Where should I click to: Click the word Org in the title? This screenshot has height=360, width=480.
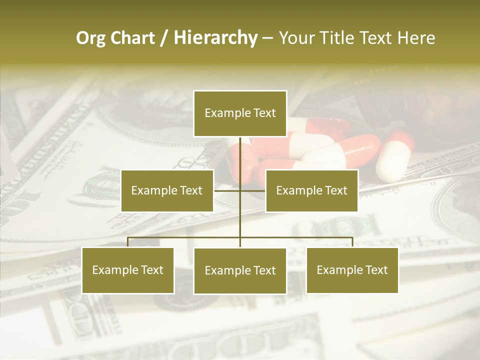[90, 38]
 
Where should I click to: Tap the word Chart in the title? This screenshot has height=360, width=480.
[130, 38]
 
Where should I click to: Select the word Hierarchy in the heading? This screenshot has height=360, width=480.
[215, 38]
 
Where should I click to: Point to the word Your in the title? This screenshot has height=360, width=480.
[296, 38]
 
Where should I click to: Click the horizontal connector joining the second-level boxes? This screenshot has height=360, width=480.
[227, 190]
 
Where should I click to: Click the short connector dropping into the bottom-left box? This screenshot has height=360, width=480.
[128, 242]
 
